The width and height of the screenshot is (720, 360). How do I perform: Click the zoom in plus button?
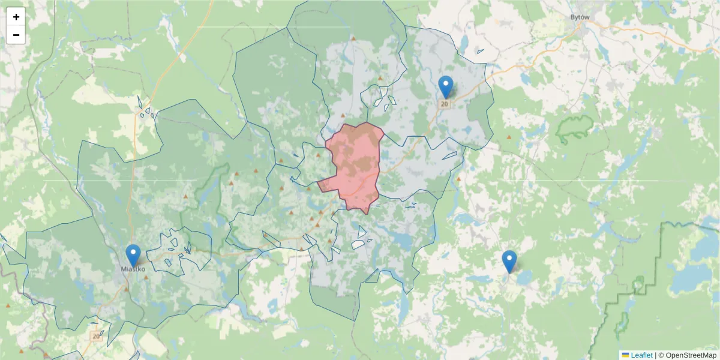(16, 17)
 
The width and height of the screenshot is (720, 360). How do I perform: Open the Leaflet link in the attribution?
(641, 355)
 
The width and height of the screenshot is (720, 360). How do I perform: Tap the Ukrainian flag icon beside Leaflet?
(625, 355)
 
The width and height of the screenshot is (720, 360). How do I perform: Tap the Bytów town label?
(580, 17)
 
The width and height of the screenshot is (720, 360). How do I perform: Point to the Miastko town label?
(133, 269)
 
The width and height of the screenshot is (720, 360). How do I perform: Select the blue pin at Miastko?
(133, 254)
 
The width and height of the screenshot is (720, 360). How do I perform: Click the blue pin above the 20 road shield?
(446, 86)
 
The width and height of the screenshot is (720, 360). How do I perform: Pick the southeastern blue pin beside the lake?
(509, 260)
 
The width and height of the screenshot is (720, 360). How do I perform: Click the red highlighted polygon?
(355, 162)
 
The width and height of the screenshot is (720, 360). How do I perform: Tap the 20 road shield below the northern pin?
(445, 104)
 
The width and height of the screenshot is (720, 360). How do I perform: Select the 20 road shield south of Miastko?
(96, 337)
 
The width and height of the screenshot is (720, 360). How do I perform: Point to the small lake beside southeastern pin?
(523, 277)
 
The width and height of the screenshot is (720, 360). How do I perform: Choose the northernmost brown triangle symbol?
(353, 39)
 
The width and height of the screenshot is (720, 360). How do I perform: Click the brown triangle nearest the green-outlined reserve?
(509, 138)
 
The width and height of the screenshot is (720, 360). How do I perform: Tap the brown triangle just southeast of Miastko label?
(146, 277)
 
